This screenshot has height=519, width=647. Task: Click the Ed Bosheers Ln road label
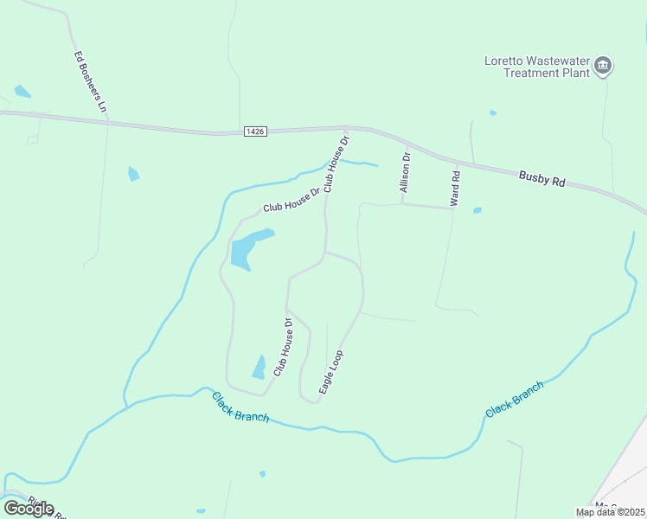pyautogui.click(x=90, y=83)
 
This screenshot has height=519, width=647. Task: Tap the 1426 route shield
pyautogui.click(x=254, y=131)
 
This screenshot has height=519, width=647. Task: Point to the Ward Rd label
pyautogui.click(x=455, y=188)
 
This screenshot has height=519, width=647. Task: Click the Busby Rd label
pyautogui.click(x=541, y=178)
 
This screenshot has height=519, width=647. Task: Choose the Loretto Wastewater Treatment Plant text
pyautogui.click(x=536, y=67)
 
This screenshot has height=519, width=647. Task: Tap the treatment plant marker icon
pyautogui.click(x=605, y=66)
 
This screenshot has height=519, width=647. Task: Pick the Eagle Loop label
pyautogui.click(x=331, y=372)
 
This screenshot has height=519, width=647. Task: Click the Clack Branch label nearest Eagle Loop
pyautogui.click(x=240, y=407)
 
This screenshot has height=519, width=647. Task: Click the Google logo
pyautogui.click(x=29, y=508)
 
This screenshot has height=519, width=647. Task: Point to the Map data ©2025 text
pyautogui.click(x=611, y=512)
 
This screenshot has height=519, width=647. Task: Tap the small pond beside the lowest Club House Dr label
pyautogui.click(x=259, y=368)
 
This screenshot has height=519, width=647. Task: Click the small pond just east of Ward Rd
pyautogui.click(x=477, y=210)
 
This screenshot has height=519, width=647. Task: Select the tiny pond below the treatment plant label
pyautogui.click(x=493, y=112)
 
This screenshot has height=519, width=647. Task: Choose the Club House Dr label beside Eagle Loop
pyautogui.click(x=284, y=348)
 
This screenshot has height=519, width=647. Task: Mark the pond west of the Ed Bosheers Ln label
pyautogui.click(x=22, y=91)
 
